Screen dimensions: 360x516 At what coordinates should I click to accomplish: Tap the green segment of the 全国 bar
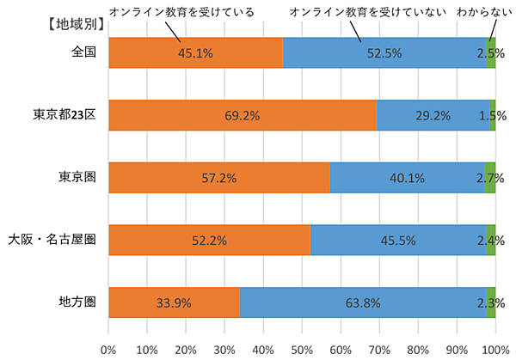pos(490,53)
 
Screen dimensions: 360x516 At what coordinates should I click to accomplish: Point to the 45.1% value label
pos(195,53)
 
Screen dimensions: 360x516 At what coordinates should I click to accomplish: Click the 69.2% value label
pos(242,115)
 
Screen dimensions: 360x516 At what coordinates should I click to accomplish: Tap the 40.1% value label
pos(407,178)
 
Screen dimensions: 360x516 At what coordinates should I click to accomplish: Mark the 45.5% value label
pos(399,241)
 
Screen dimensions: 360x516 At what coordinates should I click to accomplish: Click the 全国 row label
pos(83,52)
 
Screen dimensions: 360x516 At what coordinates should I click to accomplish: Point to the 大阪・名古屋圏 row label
pos(52,239)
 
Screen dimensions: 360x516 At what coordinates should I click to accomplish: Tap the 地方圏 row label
pos(77,301)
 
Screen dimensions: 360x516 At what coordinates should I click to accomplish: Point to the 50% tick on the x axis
pos(302,350)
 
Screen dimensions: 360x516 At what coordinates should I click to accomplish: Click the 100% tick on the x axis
pos(494,350)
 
